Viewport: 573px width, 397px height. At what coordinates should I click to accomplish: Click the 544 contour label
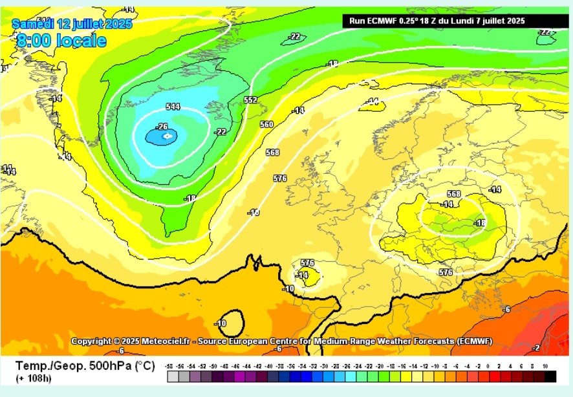(x=173, y=107)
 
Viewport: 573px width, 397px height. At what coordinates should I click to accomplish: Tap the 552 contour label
(x=251, y=100)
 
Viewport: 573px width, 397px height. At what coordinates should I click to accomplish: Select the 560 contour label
(x=266, y=124)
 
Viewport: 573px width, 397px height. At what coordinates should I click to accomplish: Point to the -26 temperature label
(x=162, y=126)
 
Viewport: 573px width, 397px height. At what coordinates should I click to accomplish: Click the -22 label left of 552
(x=221, y=132)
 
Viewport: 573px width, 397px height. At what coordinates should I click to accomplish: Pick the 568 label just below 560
(x=272, y=153)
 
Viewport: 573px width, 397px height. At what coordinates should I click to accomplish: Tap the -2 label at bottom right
(x=535, y=348)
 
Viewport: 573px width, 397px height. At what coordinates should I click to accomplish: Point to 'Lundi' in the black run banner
(x=462, y=21)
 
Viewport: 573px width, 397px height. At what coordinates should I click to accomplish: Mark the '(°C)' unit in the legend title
(x=144, y=366)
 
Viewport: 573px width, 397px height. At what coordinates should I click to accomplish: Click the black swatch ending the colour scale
(x=550, y=376)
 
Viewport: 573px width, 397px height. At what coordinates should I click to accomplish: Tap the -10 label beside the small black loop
(x=221, y=323)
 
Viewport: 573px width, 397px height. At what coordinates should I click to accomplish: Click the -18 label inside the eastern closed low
(x=480, y=223)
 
